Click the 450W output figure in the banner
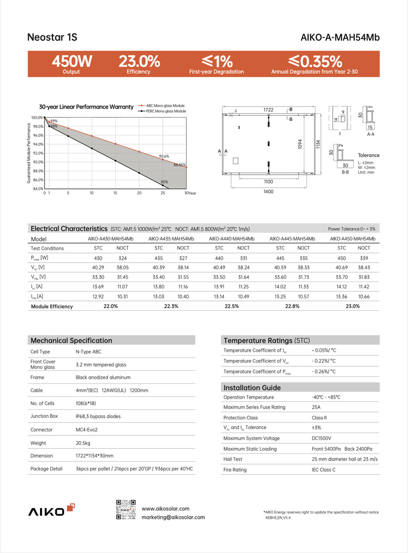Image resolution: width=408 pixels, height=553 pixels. (72, 61)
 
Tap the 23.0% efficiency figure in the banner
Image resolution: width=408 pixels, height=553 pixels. (139, 61)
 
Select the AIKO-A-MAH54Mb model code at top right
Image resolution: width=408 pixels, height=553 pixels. (340, 37)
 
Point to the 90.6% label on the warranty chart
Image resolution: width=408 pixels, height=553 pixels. (164, 156)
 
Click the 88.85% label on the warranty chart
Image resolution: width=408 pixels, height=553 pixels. (180, 165)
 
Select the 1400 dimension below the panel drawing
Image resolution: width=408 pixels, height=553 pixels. (268, 191)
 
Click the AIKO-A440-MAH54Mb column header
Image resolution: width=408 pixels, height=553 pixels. (231, 239)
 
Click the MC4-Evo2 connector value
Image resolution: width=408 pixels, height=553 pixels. (87, 429)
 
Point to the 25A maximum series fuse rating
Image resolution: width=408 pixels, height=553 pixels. (316, 407)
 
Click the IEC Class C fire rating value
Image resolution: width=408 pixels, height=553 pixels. (324, 470)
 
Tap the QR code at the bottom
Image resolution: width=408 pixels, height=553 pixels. (126, 509)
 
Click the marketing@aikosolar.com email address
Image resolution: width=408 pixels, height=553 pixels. (173, 517)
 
